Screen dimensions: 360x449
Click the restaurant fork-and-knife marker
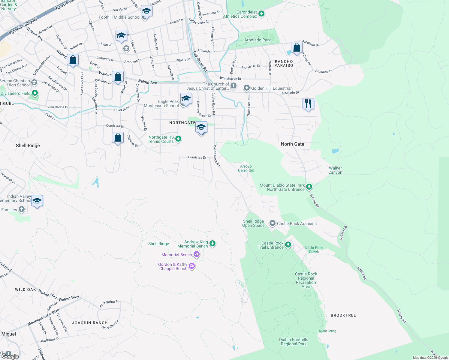click(x=308, y=104)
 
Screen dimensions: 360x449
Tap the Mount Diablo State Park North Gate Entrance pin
click(x=309, y=187)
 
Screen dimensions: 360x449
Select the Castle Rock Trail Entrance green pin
click(x=288, y=245)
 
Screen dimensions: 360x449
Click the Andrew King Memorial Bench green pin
click(x=212, y=243)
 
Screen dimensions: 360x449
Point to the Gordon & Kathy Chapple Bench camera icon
click(x=192, y=266)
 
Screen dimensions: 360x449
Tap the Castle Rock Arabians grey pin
click(x=272, y=223)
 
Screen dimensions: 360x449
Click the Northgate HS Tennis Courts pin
click(x=178, y=139)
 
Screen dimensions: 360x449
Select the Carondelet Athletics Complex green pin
click(x=261, y=14)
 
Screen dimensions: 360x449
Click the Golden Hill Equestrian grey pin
click(x=246, y=88)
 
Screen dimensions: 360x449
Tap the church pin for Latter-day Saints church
click(x=234, y=86)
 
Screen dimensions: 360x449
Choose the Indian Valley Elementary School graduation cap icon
click(x=37, y=201)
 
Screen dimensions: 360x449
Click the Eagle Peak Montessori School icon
click(x=186, y=98)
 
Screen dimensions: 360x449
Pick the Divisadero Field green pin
click(x=35, y=93)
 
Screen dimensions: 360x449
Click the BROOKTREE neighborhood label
click(x=343, y=315)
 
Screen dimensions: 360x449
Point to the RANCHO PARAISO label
click(x=284, y=63)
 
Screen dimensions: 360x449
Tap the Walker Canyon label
click(x=335, y=170)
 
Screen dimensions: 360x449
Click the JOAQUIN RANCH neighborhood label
click(x=90, y=323)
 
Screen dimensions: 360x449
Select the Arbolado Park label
click(x=258, y=40)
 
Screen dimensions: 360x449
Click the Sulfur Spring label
click(x=327, y=331)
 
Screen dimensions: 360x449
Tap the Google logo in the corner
click(x=10, y=356)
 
